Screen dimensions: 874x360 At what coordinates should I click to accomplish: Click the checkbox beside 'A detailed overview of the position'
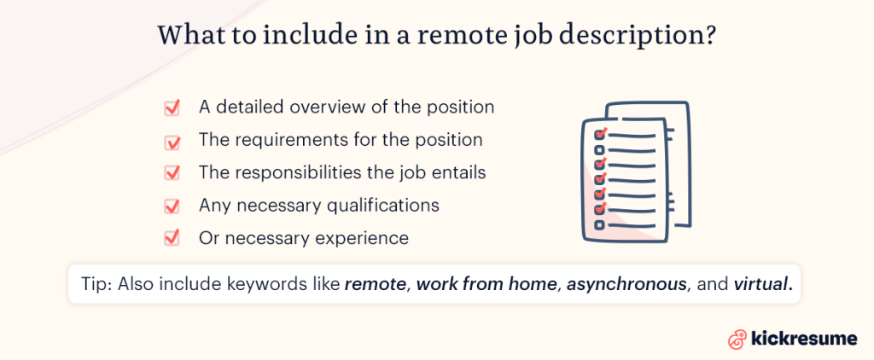click(172, 107)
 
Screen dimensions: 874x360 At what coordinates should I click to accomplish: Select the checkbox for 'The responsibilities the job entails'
click(172, 173)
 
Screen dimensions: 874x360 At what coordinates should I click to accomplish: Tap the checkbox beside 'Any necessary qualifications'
click(172, 206)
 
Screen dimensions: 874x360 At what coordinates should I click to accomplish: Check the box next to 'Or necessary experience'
click(172, 238)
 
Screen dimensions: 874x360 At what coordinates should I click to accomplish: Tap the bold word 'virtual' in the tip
click(762, 284)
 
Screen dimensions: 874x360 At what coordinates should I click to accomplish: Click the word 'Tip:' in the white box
click(97, 284)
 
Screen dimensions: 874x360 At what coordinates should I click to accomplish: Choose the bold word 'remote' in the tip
click(376, 284)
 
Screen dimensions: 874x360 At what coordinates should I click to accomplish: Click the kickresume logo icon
click(737, 339)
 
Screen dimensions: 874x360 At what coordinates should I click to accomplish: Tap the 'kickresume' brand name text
click(804, 339)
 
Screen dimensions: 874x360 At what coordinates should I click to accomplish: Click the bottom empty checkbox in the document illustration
click(600, 225)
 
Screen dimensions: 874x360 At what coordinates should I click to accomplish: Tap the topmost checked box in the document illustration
click(600, 134)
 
